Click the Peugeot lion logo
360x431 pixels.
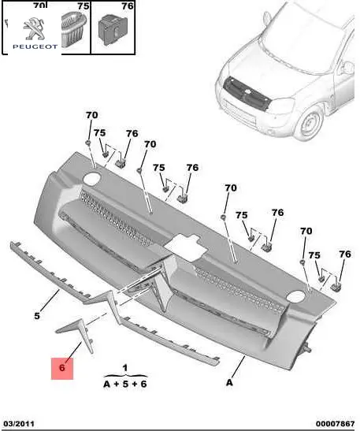pos(34,28)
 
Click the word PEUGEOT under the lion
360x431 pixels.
pos(35,46)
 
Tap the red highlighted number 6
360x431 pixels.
pos(62,367)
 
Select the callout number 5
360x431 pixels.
pos(37,316)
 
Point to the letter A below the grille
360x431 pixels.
pos(229,382)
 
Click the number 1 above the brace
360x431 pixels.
pos(125,367)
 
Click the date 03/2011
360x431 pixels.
pos(19,424)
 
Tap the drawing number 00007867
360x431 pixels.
pos(335,424)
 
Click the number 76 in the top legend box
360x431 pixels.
pos(128,6)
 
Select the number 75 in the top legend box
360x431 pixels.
pos(83,6)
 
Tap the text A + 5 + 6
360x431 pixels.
pos(125,384)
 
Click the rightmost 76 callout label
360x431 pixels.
pos(345,254)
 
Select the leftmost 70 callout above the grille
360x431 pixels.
pos(92,115)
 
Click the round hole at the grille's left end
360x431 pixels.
pos(92,178)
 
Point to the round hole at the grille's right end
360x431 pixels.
pos(295,296)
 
